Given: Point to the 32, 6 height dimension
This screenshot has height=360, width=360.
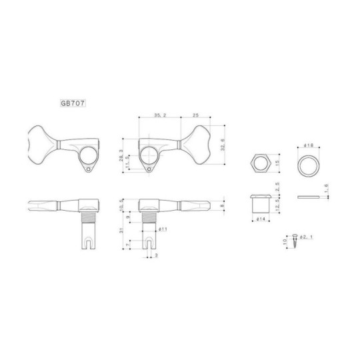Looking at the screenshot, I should pyautogui.click(x=222, y=143).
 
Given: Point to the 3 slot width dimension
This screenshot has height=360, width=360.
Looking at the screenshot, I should pyautogui.click(x=155, y=255).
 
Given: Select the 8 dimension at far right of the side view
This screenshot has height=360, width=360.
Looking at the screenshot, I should pyautogui.click(x=222, y=207).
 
